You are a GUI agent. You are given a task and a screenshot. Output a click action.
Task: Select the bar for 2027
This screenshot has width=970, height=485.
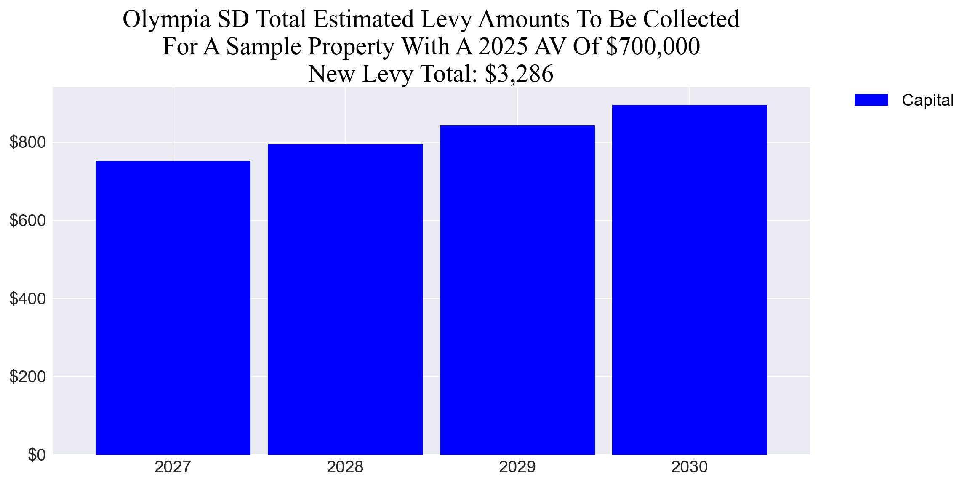pos(173,307)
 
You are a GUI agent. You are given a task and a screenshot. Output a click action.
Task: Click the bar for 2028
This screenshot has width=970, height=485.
pos(345,299)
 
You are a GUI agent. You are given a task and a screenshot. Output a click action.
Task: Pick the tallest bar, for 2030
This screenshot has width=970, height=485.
pos(690,280)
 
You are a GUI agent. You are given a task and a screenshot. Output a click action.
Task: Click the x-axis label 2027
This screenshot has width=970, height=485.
pos(173,467)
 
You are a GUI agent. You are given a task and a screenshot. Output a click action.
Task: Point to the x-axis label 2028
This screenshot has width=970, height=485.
pos(345,467)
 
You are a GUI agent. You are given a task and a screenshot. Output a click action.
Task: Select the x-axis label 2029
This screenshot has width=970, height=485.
pos(517,467)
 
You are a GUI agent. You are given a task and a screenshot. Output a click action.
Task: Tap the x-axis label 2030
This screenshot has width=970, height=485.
pos(690,467)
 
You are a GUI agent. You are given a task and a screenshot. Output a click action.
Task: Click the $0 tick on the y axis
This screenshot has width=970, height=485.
pos(37,455)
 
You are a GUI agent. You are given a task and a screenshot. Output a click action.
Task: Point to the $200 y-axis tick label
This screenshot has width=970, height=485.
pos(27,377)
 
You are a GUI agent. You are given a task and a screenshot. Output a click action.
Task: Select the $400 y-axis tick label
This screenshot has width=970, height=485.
pos(27,299)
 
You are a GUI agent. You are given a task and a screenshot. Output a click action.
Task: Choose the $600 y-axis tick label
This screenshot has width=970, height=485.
pos(27,221)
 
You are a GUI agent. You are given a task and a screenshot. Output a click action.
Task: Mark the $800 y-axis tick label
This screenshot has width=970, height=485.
pos(27,143)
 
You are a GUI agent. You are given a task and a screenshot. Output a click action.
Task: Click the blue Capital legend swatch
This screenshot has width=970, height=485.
pos(871,100)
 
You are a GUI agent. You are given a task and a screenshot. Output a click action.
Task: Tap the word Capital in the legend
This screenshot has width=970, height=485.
pos(927,100)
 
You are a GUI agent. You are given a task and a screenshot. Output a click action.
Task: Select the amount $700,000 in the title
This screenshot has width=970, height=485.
pos(653,47)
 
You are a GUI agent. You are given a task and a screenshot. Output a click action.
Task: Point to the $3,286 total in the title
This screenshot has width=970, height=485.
pos(519,74)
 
